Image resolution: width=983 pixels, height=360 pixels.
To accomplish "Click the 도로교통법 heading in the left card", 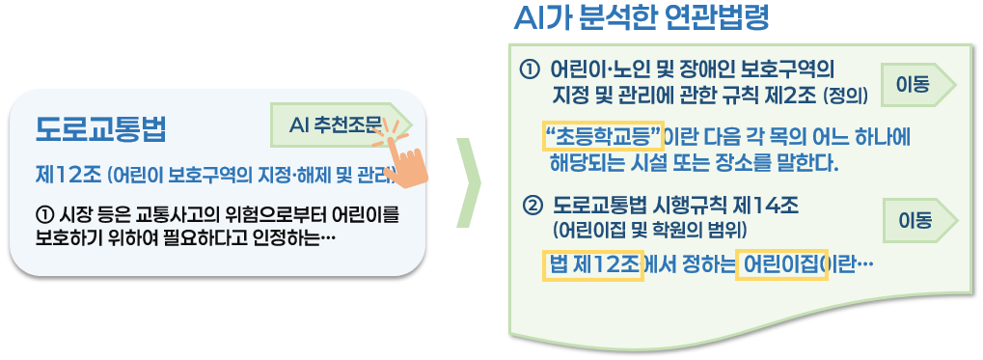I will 99,128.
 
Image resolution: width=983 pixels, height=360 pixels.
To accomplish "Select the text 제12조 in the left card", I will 66,176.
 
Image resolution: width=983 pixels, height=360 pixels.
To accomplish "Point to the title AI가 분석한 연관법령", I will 641,18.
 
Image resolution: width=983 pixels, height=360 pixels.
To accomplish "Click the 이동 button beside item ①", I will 913,84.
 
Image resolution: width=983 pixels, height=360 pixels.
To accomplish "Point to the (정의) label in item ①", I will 846,97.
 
